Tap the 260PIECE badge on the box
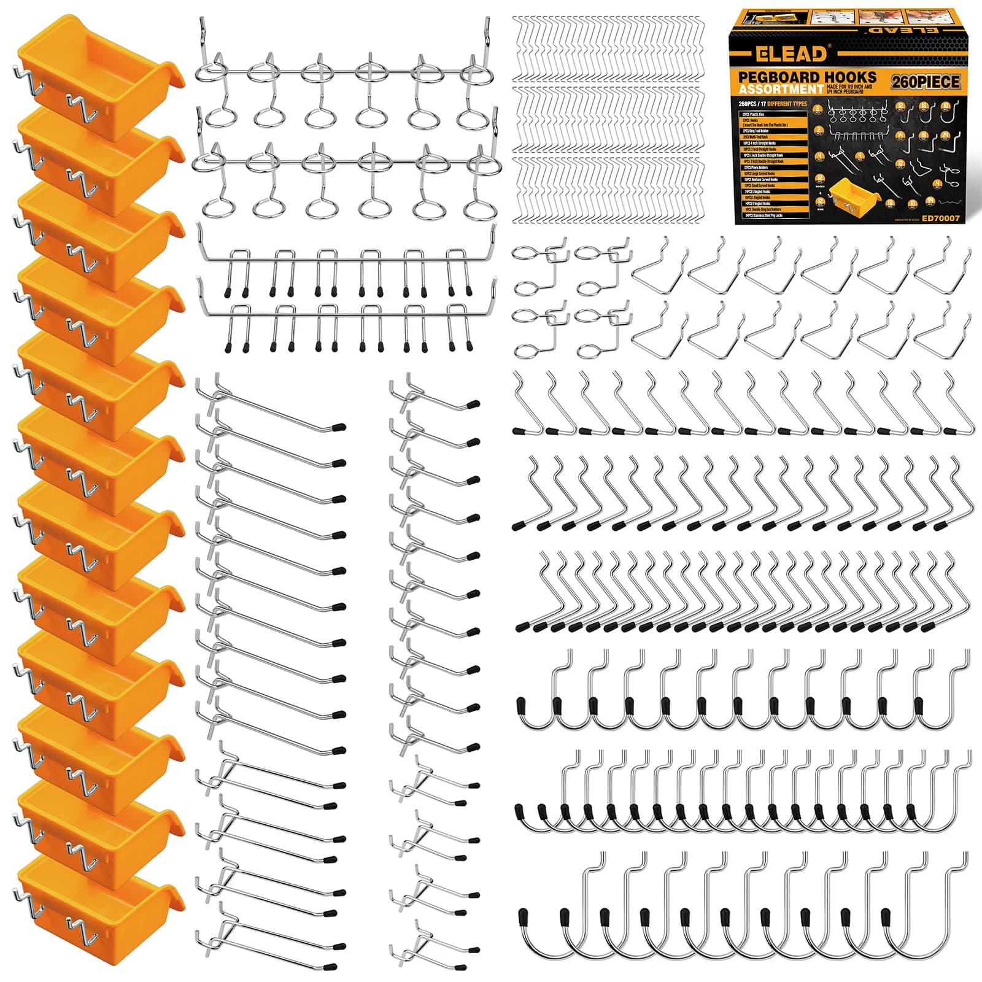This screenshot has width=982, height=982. point(927,80)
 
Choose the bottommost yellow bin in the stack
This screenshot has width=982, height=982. point(98,902)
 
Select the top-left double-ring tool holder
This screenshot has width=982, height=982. point(538,268)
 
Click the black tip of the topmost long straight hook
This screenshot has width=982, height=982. point(338,425)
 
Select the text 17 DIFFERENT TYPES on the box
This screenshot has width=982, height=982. point(782,104)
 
